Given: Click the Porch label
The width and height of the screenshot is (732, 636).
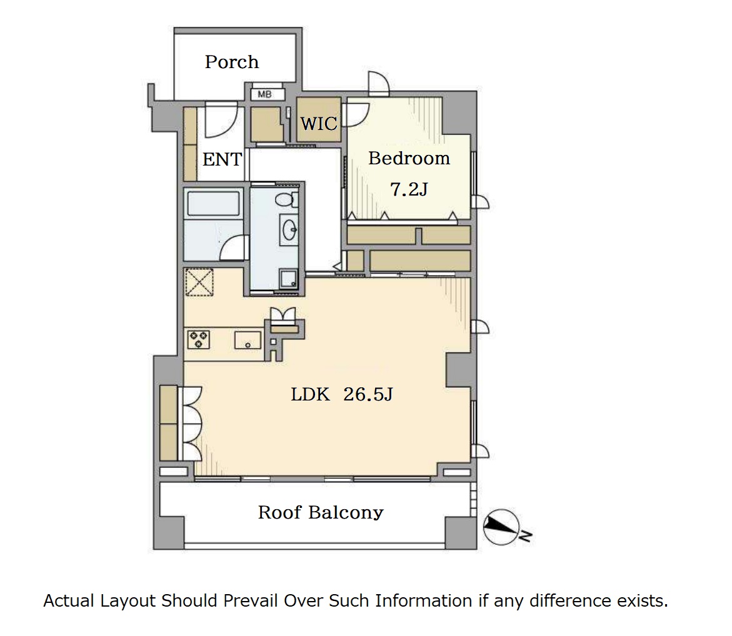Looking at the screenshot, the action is pos(231,62).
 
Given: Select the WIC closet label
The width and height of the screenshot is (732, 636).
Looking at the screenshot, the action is pos(319,124).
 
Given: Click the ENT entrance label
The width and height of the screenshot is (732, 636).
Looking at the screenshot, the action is pos(222,159).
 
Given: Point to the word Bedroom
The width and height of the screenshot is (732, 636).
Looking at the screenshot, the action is pos(409,159).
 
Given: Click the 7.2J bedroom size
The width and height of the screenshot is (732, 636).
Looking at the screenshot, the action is pos(408,189).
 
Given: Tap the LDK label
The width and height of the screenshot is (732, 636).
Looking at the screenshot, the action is pos(310,395).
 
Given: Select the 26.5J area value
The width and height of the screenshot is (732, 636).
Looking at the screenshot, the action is pos(368,395).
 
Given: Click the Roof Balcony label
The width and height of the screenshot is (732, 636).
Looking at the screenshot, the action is pos(321,512).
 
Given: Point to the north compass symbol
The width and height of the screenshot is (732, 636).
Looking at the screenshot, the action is pos(503,527).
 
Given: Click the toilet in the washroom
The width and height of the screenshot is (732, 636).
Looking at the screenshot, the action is pos(286,200).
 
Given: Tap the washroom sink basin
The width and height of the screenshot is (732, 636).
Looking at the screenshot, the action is pos(289,229).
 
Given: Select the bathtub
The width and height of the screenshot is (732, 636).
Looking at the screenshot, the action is pos(213,204).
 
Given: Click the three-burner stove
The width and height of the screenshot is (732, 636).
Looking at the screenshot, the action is pos(198,339).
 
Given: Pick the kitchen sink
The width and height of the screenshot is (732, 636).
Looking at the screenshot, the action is pos(248,340).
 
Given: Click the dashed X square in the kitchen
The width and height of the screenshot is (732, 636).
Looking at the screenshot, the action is pos(199,282).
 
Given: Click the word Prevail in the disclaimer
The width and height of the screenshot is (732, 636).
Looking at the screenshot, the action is pos(250,600).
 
